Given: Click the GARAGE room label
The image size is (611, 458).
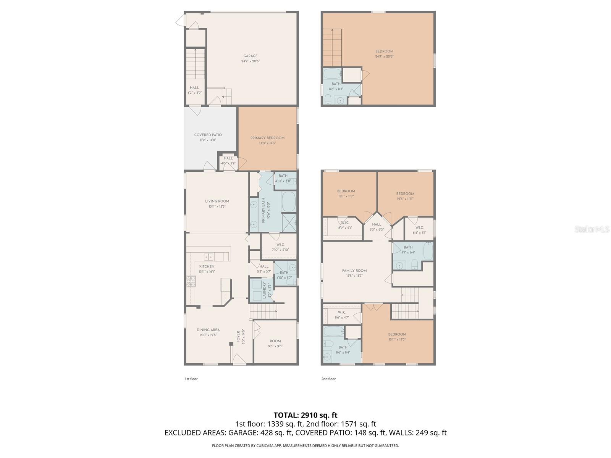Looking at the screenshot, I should point(250,56).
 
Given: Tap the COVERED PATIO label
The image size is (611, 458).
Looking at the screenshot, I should point(208,135).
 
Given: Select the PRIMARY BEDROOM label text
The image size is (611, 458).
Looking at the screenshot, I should point(267,138).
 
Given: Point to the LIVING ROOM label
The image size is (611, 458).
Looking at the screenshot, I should point(217,201).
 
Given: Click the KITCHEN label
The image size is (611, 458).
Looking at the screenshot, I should point(207,266).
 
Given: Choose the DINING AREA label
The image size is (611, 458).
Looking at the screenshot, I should point(208,330).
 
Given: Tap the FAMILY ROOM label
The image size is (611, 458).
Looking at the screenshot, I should point(354,271).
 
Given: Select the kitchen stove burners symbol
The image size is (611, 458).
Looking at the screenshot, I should point(191,281).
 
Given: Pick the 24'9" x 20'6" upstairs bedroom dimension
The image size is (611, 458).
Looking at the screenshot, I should point(384,56).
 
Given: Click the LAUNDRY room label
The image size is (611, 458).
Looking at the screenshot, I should point(264,290).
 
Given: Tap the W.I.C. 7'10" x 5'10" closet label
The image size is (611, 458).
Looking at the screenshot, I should point(280,247).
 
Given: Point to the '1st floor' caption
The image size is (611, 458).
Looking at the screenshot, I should point(191,379).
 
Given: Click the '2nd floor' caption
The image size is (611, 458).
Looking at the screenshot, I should point(328,379).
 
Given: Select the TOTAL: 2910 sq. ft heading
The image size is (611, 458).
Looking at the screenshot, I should point(305,415).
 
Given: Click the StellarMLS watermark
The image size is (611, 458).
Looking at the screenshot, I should point(592,229).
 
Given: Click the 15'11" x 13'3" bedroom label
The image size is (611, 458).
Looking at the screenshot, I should point(397,337).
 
